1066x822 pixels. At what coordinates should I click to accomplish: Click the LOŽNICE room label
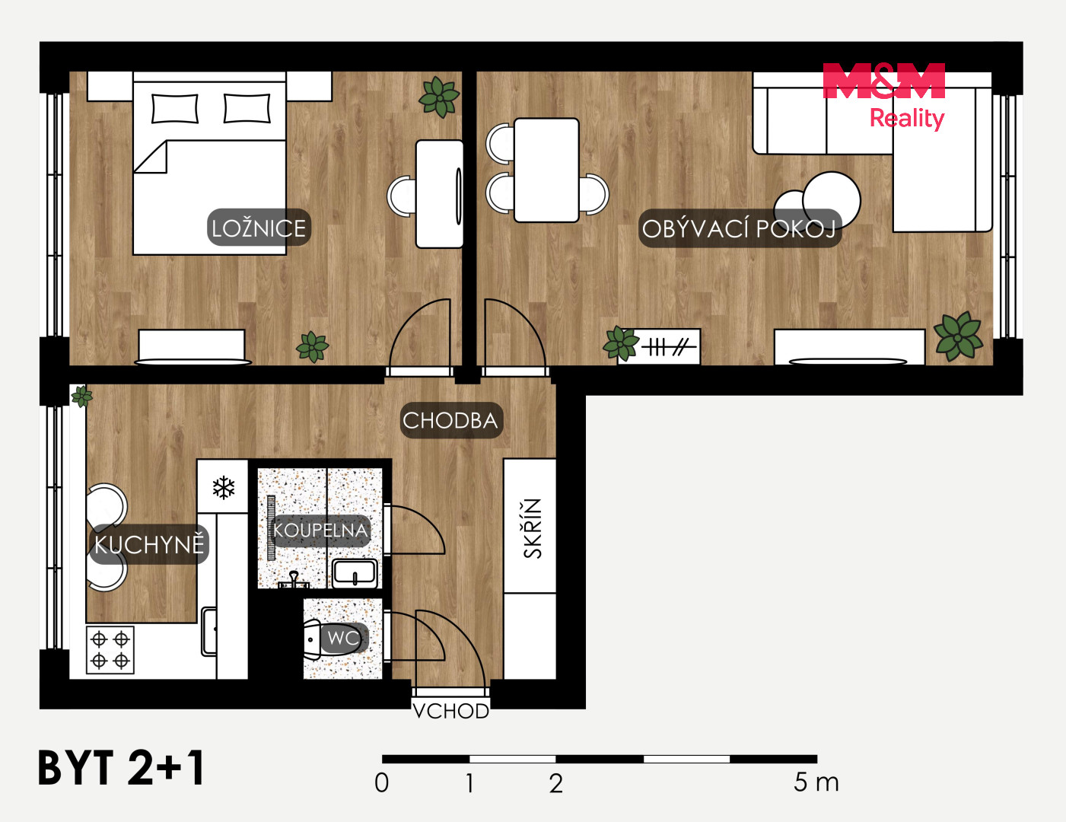click(x=259, y=228)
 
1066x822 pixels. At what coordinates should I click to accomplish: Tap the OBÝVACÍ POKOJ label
click(x=740, y=228)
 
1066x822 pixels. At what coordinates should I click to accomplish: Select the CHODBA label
click(x=451, y=421)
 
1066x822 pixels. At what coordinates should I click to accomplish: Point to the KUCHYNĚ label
click(x=149, y=544)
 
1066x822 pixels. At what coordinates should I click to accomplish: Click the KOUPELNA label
click(x=320, y=530)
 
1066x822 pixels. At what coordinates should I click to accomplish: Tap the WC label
click(x=343, y=638)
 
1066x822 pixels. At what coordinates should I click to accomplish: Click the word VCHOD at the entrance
click(x=451, y=711)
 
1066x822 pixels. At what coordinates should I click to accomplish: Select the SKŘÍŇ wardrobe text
click(x=533, y=528)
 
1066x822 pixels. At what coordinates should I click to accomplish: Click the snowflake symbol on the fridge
click(x=224, y=487)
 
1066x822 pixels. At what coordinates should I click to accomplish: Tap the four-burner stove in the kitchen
click(x=110, y=650)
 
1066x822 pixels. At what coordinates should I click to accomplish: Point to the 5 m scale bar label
click(x=816, y=782)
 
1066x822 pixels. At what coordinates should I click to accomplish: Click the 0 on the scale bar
click(x=382, y=782)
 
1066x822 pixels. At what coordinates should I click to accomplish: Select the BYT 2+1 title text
click(x=121, y=769)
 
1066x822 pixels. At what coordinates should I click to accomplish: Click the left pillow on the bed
click(x=175, y=108)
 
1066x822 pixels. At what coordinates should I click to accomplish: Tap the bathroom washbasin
click(x=355, y=573)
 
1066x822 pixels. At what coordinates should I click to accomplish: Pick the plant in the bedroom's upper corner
click(x=439, y=97)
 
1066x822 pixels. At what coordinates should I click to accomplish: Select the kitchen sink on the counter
click(x=209, y=631)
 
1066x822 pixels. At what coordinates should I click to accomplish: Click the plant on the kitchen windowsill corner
click(x=82, y=396)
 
